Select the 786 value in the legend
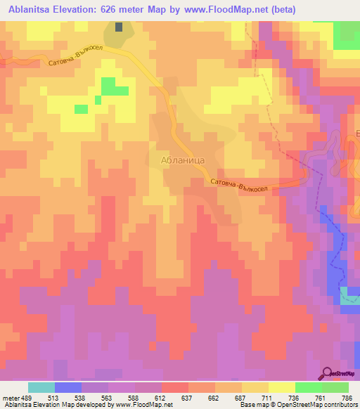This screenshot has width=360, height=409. tap(347, 397)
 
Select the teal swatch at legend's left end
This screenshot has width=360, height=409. tap(41, 387)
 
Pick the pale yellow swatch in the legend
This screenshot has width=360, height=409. tap(282, 387)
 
